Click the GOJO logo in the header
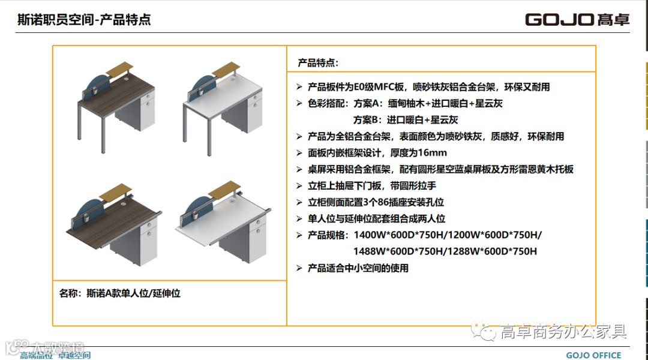click(x=577, y=19)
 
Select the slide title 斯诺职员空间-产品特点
click(x=84, y=19)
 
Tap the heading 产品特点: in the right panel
click(x=318, y=63)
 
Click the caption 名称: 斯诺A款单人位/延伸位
click(x=120, y=293)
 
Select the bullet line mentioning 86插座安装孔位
click(x=376, y=202)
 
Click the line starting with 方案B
click(x=406, y=120)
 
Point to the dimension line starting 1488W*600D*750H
click(x=445, y=251)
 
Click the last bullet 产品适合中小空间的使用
click(x=358, y=268)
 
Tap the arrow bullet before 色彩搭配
click(x=299, y=104)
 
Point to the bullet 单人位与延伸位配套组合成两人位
click(x=376, y=218)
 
